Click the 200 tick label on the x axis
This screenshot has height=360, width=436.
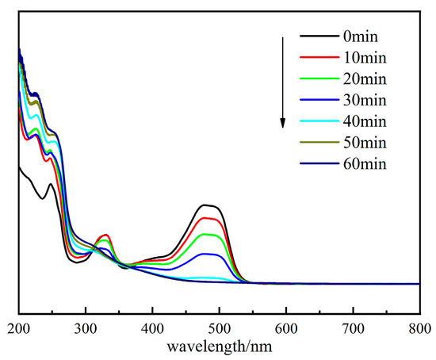coord(18,327)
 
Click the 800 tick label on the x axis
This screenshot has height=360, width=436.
coord(419,327)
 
